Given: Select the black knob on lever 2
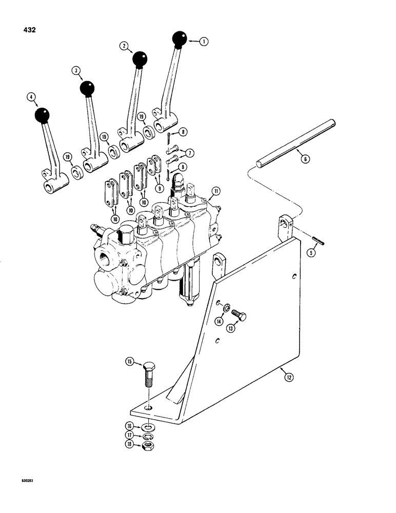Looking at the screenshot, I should tap(140, 60).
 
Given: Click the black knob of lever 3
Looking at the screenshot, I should tap(88, 88).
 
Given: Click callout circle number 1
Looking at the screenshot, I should tap(205, 43).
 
